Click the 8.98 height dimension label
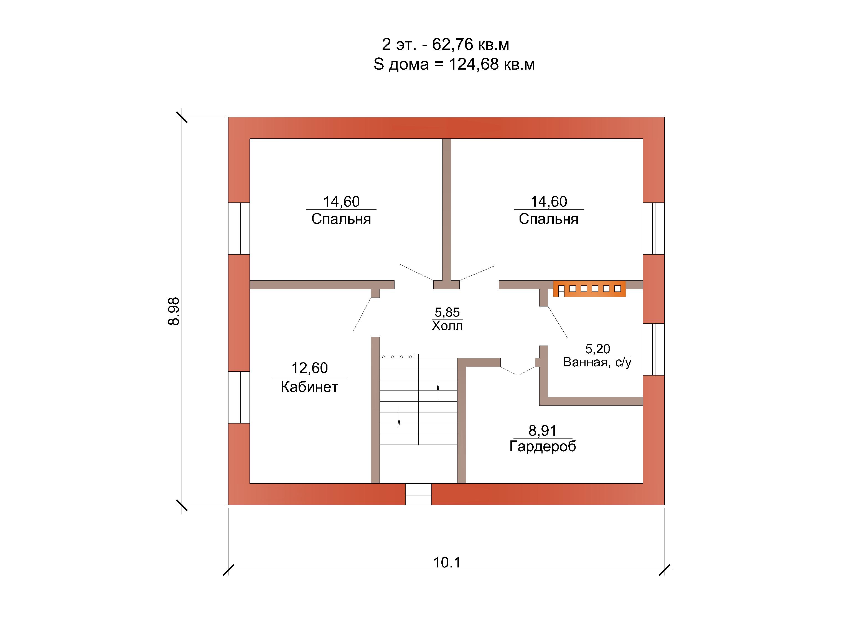(174, 311)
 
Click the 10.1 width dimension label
(447, 562)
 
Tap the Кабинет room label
(309, 387)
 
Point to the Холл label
(447, 326)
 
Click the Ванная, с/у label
(597, 362)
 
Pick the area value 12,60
(309, 368)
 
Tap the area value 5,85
(447, 312)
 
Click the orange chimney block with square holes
(589, 289)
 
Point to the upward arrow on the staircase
(438, 393)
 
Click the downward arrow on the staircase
(399, 416)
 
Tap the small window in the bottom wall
(418, 494)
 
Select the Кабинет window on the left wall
(239, 397)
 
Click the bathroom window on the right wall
(653, 349)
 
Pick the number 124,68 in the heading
(474, 64)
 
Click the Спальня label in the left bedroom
(341, 219)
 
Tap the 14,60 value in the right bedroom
(549, 201)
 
